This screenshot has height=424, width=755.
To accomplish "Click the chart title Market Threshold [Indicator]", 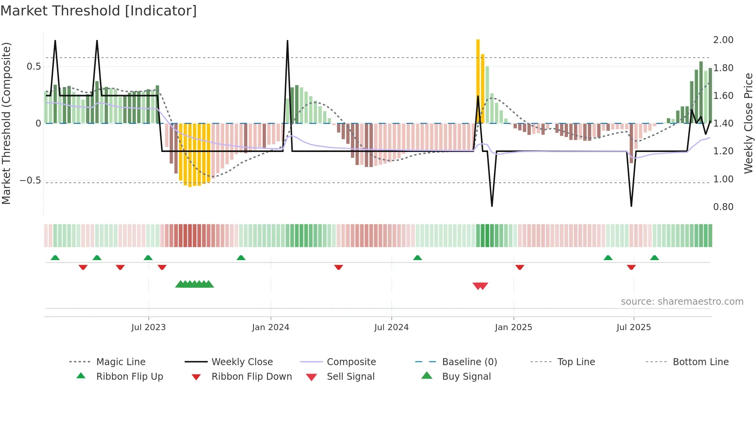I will click(99, 11).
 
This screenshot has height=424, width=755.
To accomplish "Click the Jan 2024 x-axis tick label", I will click(270, 327).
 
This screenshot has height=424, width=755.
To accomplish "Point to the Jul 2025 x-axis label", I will click(634, 327).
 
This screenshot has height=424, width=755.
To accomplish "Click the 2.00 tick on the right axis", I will click(723, 40).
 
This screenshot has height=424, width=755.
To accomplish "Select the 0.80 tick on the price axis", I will click(723, 207).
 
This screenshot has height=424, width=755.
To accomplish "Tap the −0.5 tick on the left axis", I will click(30, 180).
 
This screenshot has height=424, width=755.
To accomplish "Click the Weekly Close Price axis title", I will click(748, 123).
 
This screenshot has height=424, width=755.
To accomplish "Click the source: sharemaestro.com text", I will click(682, 302).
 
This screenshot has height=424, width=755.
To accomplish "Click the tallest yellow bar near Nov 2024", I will click(478, 81).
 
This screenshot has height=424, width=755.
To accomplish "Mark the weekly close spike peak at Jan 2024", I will click(287, 41).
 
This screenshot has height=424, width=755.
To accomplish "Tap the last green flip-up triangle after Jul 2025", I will click(654, 258).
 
